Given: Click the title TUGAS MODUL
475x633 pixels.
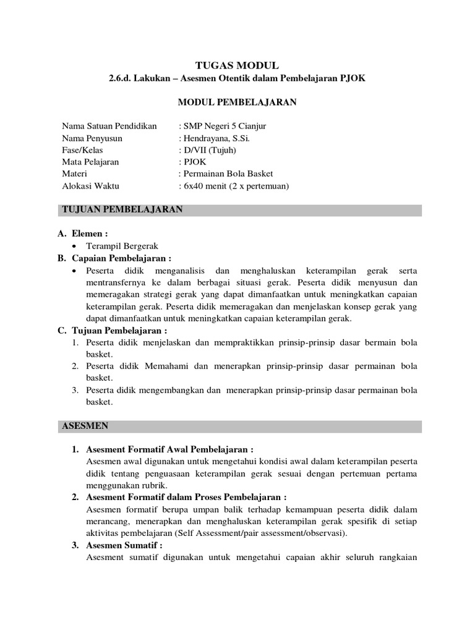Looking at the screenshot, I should click(x=237, y=65).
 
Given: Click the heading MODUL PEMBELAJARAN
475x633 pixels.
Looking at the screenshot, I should click(x=237, y=103).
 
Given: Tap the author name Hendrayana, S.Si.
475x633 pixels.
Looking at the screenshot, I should click(x=213, y=138).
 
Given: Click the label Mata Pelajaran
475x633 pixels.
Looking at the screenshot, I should click(x=90, y=162).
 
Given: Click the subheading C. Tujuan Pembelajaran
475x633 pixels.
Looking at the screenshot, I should click(x=112, y=331).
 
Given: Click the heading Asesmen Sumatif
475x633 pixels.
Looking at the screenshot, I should click(x=124, y=545).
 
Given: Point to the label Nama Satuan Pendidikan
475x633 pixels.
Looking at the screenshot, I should click(x=109, y=127).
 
